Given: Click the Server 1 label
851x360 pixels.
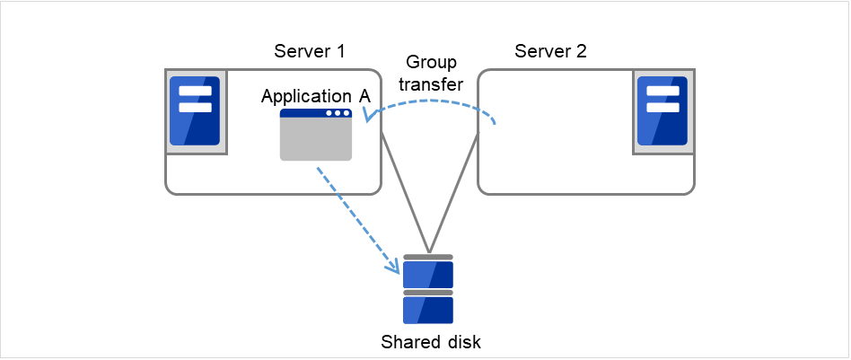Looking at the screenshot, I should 310,51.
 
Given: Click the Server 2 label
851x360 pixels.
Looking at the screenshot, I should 550,51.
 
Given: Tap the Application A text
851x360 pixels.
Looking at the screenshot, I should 315,96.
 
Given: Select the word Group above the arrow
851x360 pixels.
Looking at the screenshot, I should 431,63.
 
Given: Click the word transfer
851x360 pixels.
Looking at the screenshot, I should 431,84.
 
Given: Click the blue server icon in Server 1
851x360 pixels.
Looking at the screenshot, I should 195,110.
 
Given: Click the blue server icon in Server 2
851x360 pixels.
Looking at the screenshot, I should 662,110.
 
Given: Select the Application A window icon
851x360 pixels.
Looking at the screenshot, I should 316,135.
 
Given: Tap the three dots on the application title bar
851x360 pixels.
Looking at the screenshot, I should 338,114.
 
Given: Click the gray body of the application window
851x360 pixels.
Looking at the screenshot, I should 316,141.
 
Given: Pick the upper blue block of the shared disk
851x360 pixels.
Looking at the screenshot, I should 428,273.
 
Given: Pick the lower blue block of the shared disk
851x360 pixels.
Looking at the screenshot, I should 428,310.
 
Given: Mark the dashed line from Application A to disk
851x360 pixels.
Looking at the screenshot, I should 355,214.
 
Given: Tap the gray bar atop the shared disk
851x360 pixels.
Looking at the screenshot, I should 428,257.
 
